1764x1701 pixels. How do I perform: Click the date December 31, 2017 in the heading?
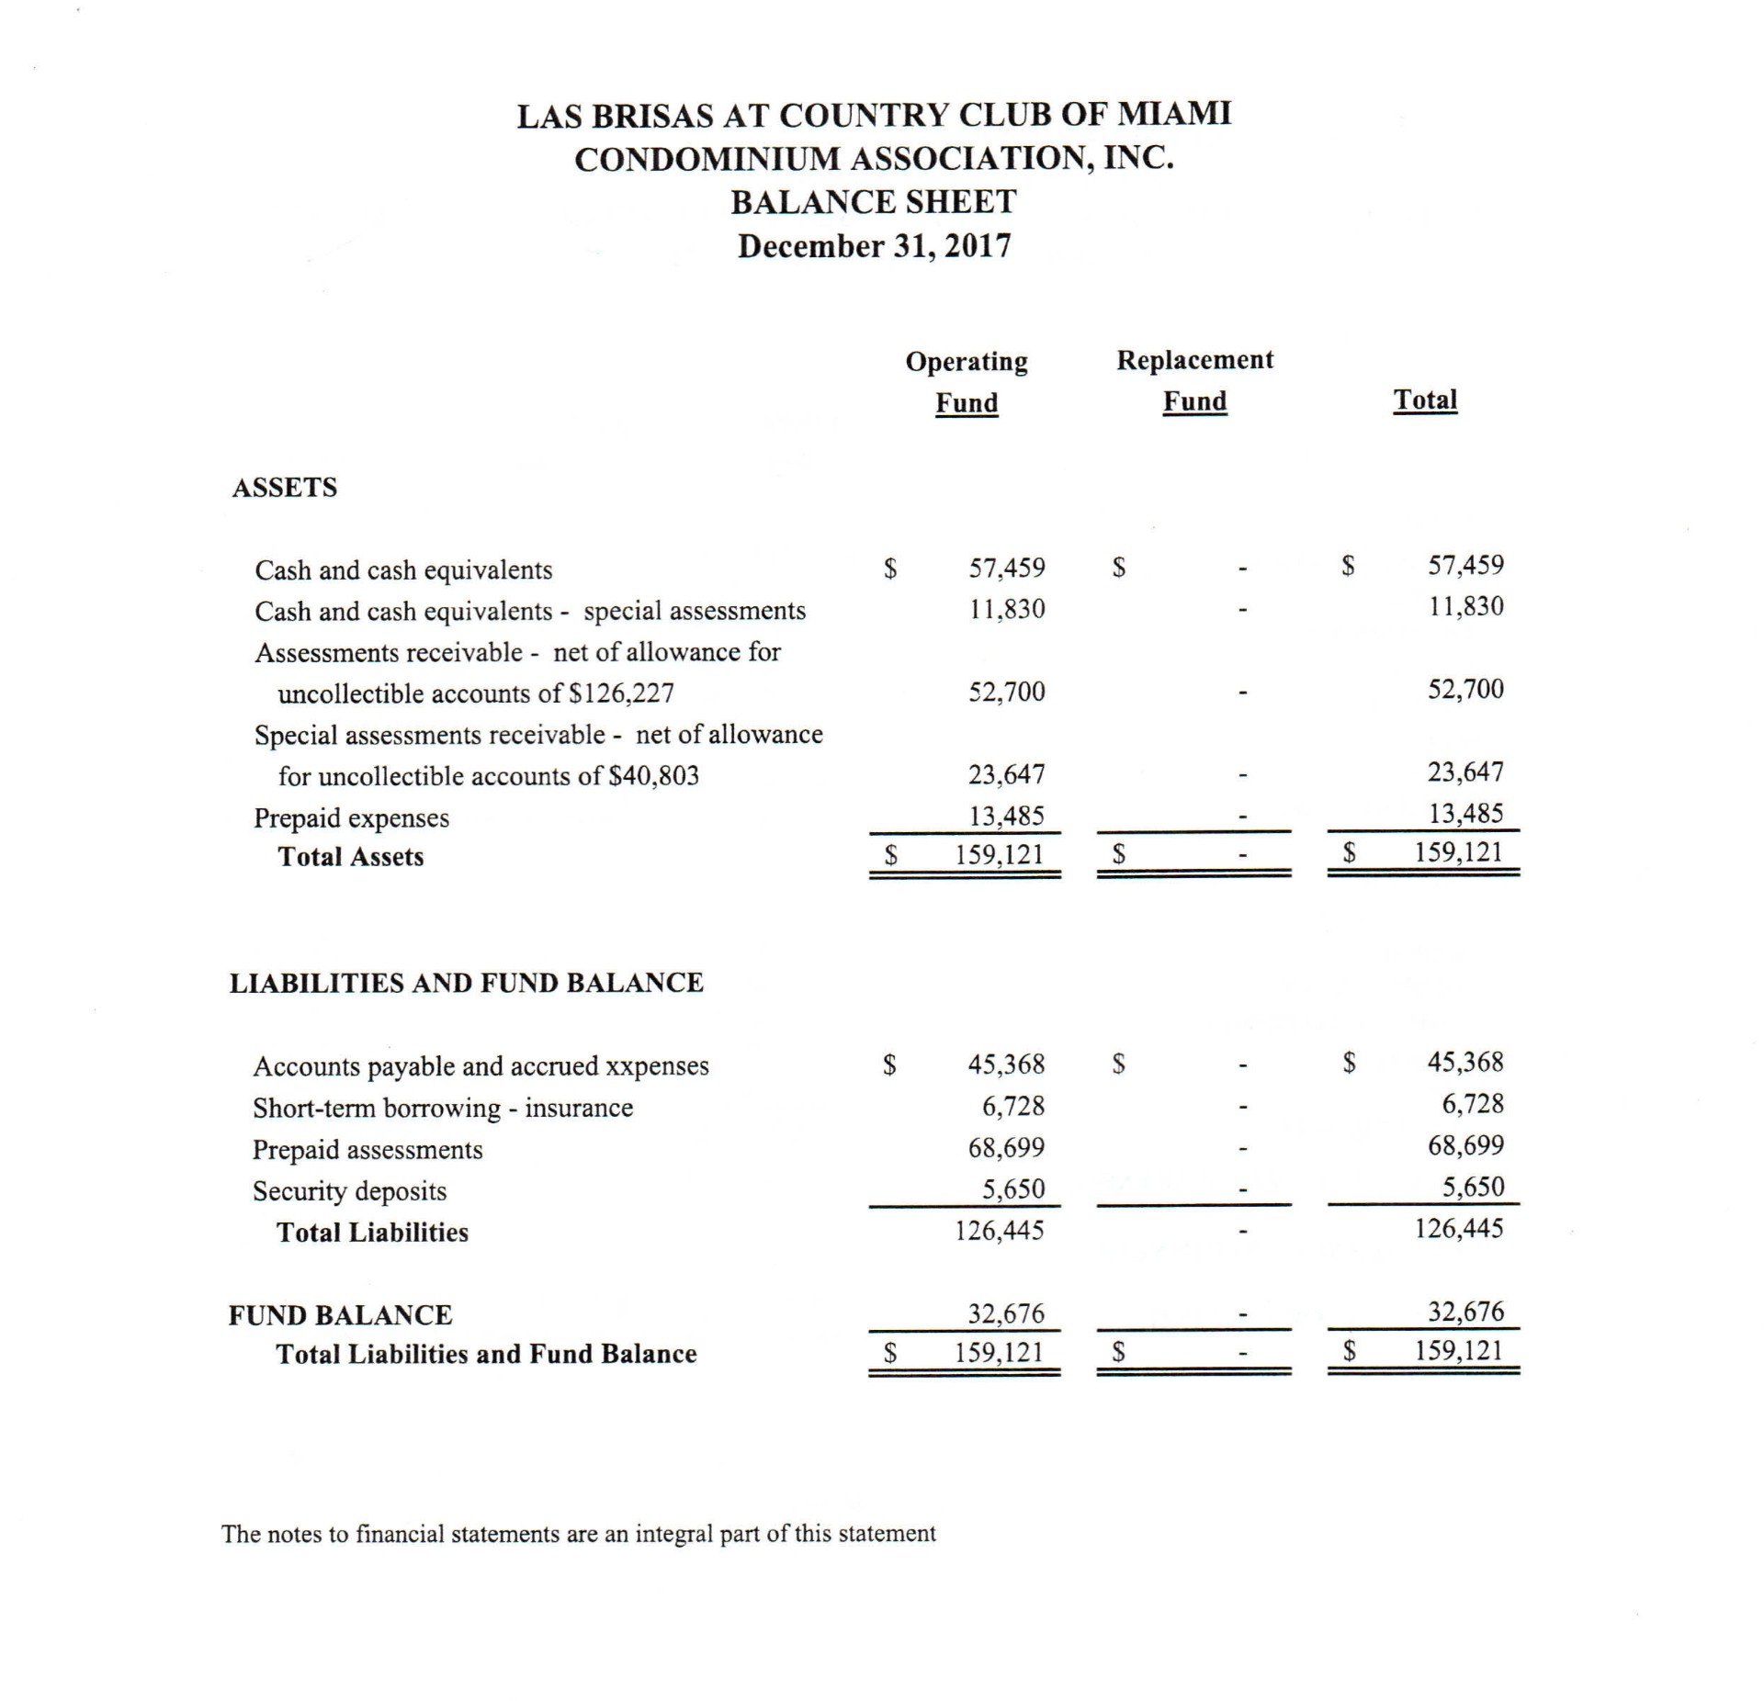pyautogui.click(x=874, y=246)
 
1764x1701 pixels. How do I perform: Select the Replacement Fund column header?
pyautogui.click(x=1194, y=380)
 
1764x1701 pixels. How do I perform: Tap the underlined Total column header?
pyautogui.click(x=1425, y=400)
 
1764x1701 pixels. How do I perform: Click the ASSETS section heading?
pyautogui.click(x=284, y=487)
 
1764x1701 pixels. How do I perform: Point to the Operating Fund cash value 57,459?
pyautogui.click(x=1007, y=568)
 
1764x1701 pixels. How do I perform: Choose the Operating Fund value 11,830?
pyautogui.click(x=1007, y=609)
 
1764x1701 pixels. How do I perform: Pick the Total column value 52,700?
pyautogui.click(x=1465, y=689)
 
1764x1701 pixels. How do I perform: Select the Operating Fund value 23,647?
pyautogui.click(x=1007, y=774)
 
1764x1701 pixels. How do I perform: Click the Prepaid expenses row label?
pyautogui.click(x=352, y=817)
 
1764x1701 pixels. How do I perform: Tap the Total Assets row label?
pyautogui.click(x=351, y=857)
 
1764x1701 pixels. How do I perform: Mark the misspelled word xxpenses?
pyautogui.click(x=658, y=1066)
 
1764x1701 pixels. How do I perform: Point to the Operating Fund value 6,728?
pyautogui.click(x=1013, y=1106)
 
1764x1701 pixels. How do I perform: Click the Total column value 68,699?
pyautogui.click(x=1465, y=1145)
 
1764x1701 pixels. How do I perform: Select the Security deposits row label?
pyautogui.click(x=350, y=1191)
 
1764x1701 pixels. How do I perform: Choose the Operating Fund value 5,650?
pyautogui.click(x=1013, y=1189)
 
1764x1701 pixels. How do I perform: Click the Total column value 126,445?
pyautogui.click(x=1459, y=1228)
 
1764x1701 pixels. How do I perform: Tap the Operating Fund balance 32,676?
pyautogui.click(x=1007, y=1313)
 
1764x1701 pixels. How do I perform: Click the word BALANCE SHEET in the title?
pyautogui.click(x=874, y=202)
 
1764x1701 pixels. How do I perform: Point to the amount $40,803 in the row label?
pyautogui.click(x=653, y=776)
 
